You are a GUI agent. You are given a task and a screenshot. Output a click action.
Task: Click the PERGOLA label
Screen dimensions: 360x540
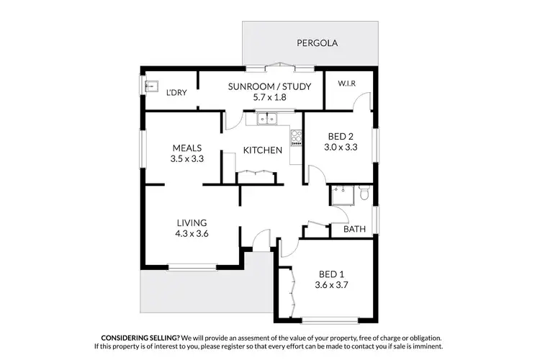coord(318,43)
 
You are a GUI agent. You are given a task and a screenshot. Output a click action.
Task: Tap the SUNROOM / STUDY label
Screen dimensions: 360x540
coord(269,87)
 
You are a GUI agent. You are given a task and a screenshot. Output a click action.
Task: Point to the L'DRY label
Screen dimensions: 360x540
coord(176,93)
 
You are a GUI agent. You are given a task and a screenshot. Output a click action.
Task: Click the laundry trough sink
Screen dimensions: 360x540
coord(151,86)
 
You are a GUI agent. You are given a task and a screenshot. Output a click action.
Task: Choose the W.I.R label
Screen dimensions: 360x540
coord(347,84)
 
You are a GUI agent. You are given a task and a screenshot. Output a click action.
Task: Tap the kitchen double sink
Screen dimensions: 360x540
coord(265,118)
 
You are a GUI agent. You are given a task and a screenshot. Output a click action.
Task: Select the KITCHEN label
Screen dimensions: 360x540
coord(262,150)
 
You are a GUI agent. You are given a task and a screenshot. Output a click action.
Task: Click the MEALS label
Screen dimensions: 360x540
coord(186,148)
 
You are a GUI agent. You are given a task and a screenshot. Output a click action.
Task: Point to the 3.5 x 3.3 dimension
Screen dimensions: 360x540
coord(186,159)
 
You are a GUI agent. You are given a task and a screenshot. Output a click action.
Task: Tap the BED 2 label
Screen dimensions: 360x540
coord(341,136)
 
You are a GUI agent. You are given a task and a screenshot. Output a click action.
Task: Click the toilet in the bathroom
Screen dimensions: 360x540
coord(364,193)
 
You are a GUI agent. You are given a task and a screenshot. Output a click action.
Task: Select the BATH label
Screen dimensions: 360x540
coord(354,230)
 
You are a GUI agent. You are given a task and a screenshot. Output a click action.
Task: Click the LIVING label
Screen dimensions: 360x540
coord(192,222)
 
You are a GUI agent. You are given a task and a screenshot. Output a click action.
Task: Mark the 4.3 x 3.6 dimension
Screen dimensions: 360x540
coord(192,233)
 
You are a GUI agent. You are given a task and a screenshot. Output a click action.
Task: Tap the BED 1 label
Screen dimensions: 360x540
coord(332,274)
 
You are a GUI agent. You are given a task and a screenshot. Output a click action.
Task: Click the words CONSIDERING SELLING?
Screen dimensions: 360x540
coord(140,338)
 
